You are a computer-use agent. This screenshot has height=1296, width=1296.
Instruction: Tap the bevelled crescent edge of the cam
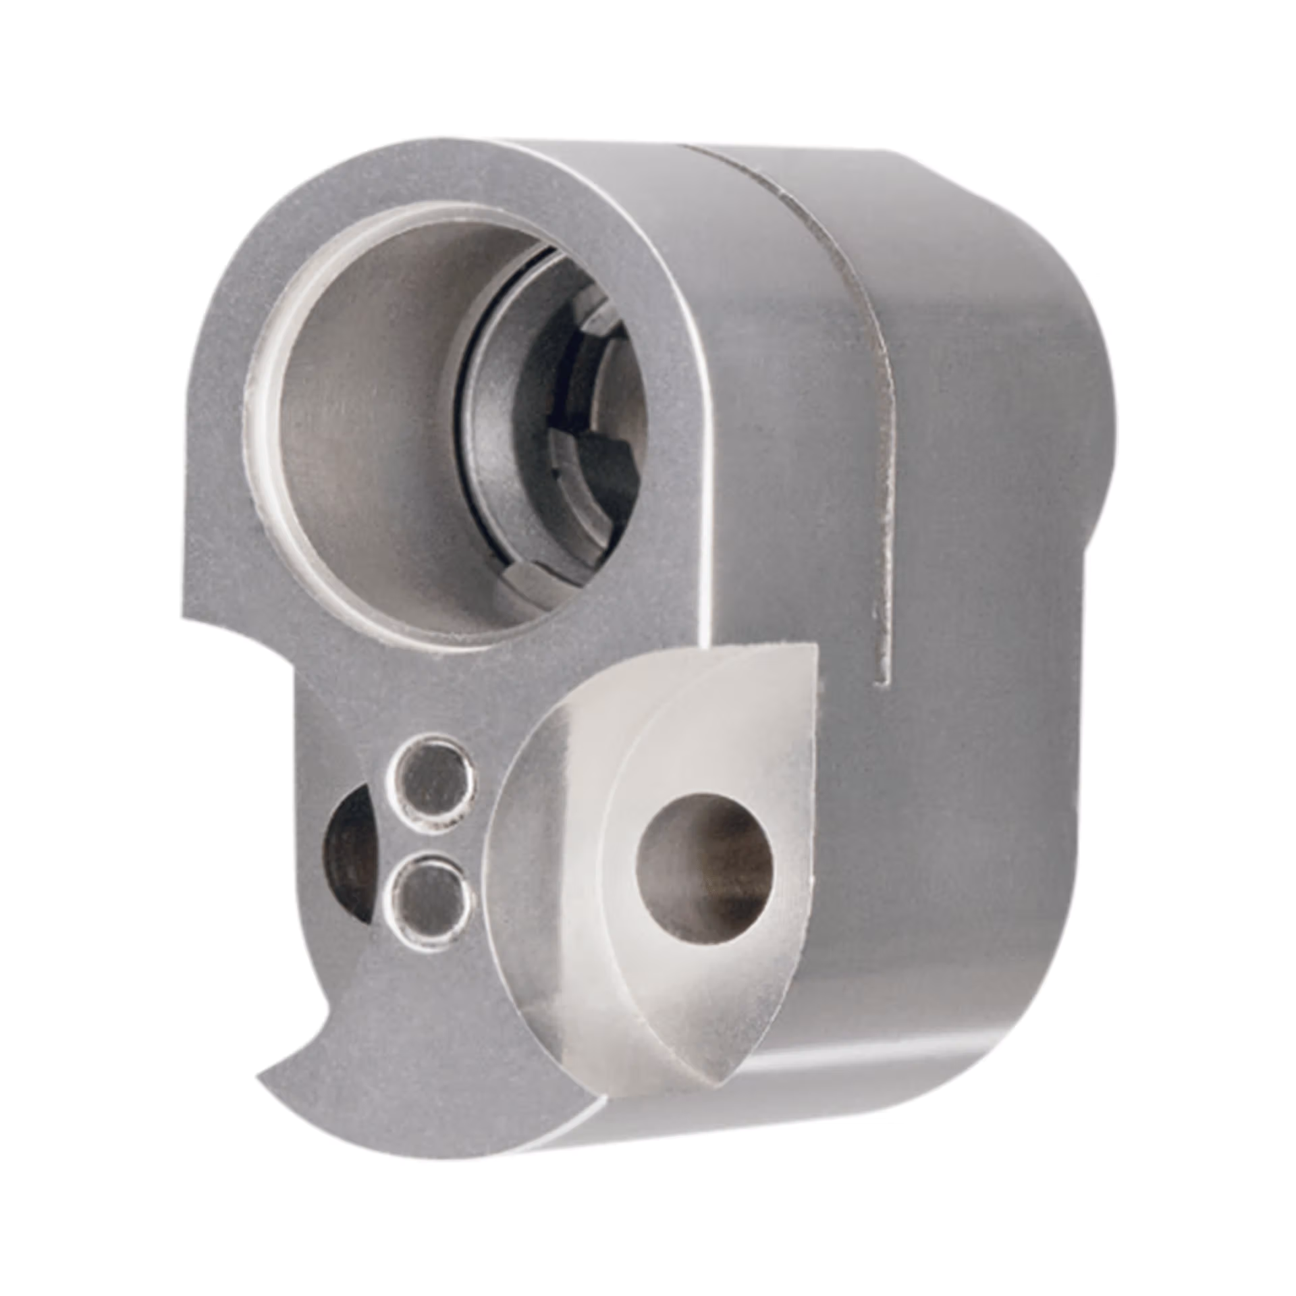(540, 878)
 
